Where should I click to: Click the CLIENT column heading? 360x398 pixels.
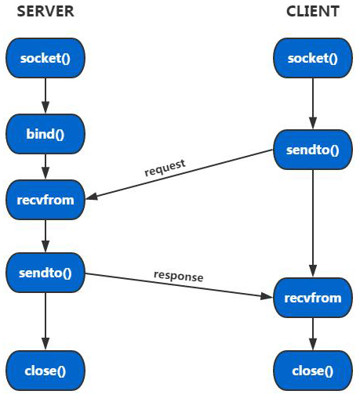(x=313, y=11)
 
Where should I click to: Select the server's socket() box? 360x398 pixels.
(x=45, y=59)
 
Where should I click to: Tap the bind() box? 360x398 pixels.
(x=45, y=134)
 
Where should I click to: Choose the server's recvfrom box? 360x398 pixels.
(x=45, y=200)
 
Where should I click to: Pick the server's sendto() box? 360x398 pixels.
(x=45, y=273)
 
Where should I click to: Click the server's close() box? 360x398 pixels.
(x=45, y=371)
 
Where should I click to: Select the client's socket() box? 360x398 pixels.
(x=313, y=59)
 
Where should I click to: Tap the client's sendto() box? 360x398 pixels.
(x=313, y=148)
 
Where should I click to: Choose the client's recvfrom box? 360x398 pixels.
(x=313, y=298)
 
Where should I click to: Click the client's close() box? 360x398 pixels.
(x=313, y=371)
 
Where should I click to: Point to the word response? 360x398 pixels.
(x=178, y=276)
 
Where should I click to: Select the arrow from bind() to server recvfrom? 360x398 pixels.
(x=45, y=166)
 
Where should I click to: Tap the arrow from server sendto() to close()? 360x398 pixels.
(x=45, y=321)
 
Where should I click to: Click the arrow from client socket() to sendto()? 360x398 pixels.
(x=313, y=103)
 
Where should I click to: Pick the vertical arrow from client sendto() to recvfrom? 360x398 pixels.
(x=313, y=223)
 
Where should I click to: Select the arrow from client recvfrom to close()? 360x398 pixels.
(x=313, y=335)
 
